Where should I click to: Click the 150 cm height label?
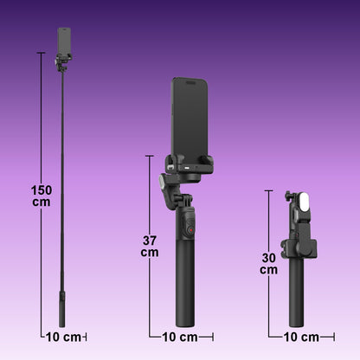coord(41,196)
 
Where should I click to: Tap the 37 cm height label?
coord(150,246)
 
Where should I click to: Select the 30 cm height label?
coord(268,263)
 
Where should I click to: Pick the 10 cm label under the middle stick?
coord(180,337)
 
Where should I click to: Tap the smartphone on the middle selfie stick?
coord(191,117)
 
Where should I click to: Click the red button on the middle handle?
coord(184,232)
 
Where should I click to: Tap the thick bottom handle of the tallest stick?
coord(62,308)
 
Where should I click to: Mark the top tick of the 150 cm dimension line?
coord(41,53)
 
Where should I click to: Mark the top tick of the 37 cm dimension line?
coord(150,156)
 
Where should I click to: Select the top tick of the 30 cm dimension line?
coord(268,190)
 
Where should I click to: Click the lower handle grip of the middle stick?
coord(185,290)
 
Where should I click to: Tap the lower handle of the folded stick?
coord(297,299)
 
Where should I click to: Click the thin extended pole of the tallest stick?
coord(63,173)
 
